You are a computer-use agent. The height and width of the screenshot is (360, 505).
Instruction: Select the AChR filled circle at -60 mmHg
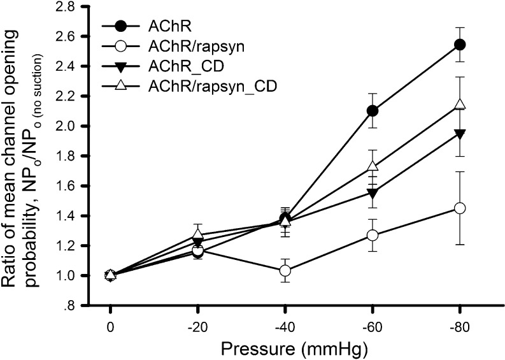pos(373,111)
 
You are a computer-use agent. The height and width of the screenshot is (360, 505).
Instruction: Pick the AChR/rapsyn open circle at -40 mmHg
pos(285,271)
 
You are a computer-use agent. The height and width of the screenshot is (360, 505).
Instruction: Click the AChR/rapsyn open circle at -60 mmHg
pos(373,235)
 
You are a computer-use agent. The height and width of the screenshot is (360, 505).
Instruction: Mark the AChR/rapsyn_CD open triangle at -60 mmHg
pos(373,166)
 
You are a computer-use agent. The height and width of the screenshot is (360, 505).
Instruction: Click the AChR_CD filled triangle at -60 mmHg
pos(373,192)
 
